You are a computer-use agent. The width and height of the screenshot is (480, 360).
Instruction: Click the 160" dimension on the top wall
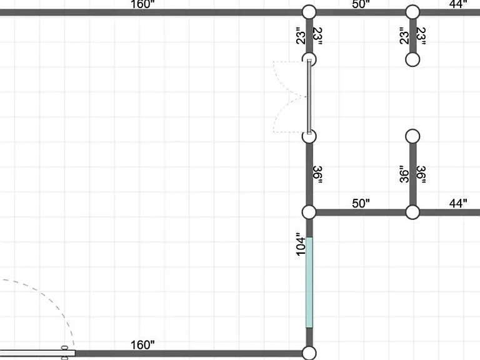click(142, 4)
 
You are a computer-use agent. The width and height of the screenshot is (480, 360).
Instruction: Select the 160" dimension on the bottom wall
click(142, 345)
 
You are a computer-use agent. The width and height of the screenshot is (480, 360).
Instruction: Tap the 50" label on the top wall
click(361, 4)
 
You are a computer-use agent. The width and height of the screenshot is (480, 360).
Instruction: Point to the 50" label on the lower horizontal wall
click(361, 203)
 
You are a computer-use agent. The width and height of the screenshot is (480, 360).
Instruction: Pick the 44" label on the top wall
click(458, 4)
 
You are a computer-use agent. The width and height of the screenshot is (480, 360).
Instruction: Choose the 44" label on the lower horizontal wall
click(458, 203)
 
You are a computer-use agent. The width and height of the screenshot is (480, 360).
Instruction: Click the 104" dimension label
click(301, 244)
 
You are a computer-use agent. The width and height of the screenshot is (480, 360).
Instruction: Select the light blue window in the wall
click(309, 282)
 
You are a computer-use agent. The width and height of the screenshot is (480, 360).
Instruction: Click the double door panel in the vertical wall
click(309, 97)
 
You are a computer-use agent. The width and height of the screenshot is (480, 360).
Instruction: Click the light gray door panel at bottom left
click(37, 353)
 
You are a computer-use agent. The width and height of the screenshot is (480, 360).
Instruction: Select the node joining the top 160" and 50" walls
click(309, 12)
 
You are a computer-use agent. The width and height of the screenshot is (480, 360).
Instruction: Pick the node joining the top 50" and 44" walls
click(412, 12)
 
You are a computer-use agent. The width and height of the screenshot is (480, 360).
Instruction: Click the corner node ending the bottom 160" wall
click(309, 353)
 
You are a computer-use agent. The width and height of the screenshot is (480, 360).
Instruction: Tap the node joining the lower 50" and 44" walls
click(412, 212)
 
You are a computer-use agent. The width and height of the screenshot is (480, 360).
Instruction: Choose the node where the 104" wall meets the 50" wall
click(309, 212)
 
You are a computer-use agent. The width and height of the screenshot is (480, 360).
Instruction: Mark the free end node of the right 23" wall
click(412, 59)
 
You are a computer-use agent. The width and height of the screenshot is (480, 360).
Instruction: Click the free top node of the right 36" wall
click(412, 136)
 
